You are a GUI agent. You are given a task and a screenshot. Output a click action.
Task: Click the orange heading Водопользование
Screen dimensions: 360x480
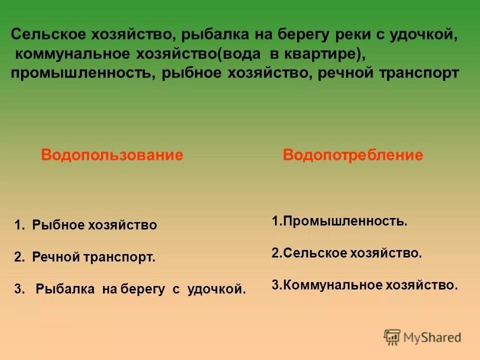[112, 155]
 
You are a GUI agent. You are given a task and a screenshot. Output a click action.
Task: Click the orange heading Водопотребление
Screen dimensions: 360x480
[353, 155]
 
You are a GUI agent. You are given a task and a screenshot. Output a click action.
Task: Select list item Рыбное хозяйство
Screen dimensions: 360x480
[94, 225]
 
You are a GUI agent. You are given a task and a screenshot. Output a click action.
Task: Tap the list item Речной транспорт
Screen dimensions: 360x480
[94, 257]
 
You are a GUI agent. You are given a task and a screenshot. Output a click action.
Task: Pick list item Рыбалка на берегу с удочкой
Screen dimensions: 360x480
[141, 289]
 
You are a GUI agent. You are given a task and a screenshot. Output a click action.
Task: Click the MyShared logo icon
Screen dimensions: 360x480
[392, 337]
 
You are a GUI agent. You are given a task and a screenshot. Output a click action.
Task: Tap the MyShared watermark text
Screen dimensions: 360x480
[432, 338]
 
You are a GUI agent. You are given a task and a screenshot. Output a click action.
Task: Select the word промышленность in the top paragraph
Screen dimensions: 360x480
[81, 72]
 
